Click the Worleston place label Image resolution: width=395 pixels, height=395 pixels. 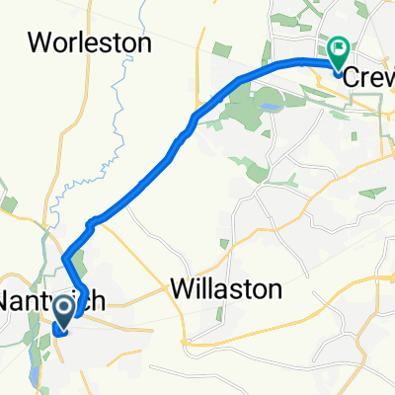click(90, 42)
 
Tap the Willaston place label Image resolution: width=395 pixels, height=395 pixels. click(226, 289)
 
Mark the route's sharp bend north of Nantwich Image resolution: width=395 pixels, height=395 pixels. click(65, 259)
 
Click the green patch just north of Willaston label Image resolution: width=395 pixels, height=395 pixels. click(225, 242)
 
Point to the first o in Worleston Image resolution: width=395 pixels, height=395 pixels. click(59, 43)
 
